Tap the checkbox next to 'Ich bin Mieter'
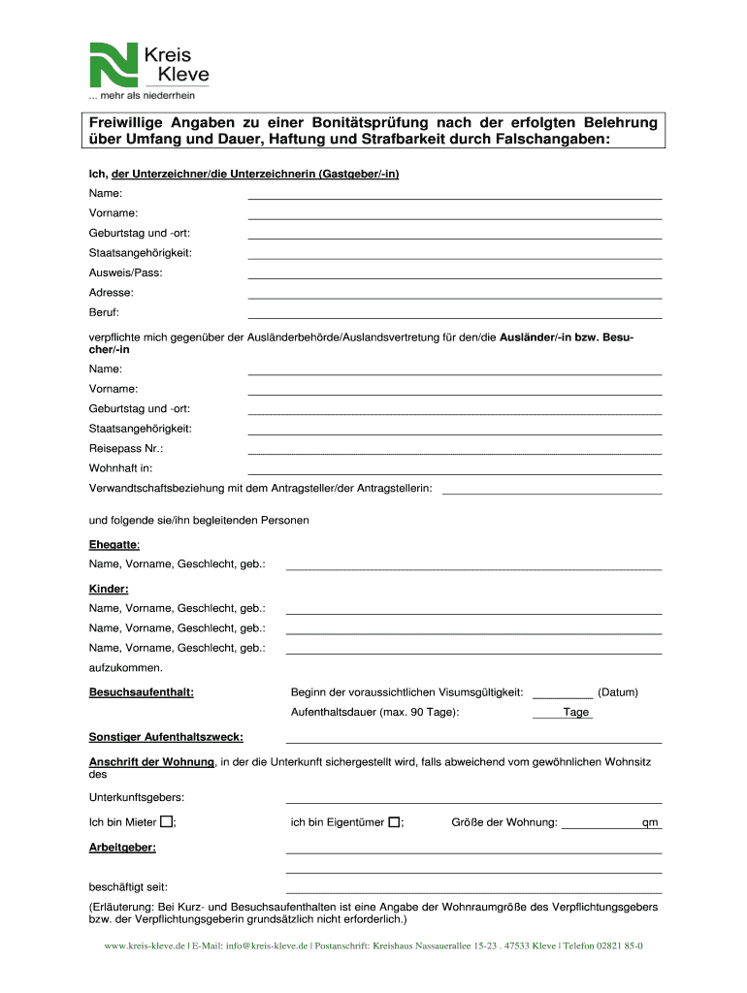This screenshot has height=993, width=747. pyautogui.click(x=167, y=822)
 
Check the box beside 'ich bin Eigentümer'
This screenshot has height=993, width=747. pyautogui.click(x=394, y=822)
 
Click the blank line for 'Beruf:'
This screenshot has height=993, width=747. pyautogui.click(x=455, y=316)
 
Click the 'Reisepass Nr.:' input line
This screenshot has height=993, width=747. pyautogui.click(x=455, y=453)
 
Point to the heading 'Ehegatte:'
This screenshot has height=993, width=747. pyautogui.click(x=114, y=544)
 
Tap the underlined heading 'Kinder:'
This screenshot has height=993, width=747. pyautogui.click(x=109, y=589)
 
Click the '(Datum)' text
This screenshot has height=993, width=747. pyautogui.click(x=618, y=692)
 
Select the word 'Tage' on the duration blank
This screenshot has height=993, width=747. pyautogui.click(x=576, y=712)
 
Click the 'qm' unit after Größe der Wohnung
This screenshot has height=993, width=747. pyautogui.click(x=650, y=823)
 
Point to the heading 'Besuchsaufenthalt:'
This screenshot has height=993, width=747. pyautogui.click(x=142, y=692)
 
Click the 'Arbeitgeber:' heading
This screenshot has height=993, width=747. pyautogui.click(x=122, y=847)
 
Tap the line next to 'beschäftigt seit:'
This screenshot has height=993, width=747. pyautogui.click(x=473, y=890)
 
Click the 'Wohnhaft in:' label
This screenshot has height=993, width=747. pyautogui.click(x=121, y=467)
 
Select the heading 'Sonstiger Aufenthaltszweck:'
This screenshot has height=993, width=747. pyautogui.click(x=166, y=737)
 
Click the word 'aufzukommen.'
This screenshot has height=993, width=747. pyautogui.click(x=126, y=667)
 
